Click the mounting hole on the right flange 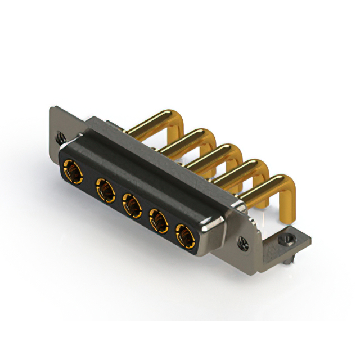[243, 242]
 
